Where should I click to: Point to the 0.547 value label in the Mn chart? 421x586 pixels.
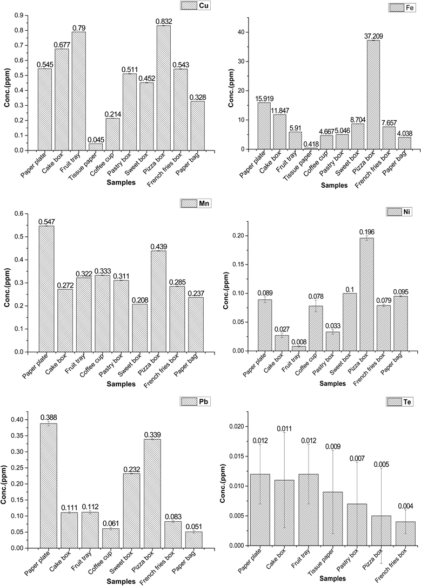pos(46,222)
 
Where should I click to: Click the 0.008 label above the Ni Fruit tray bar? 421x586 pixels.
pos(298,341)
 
